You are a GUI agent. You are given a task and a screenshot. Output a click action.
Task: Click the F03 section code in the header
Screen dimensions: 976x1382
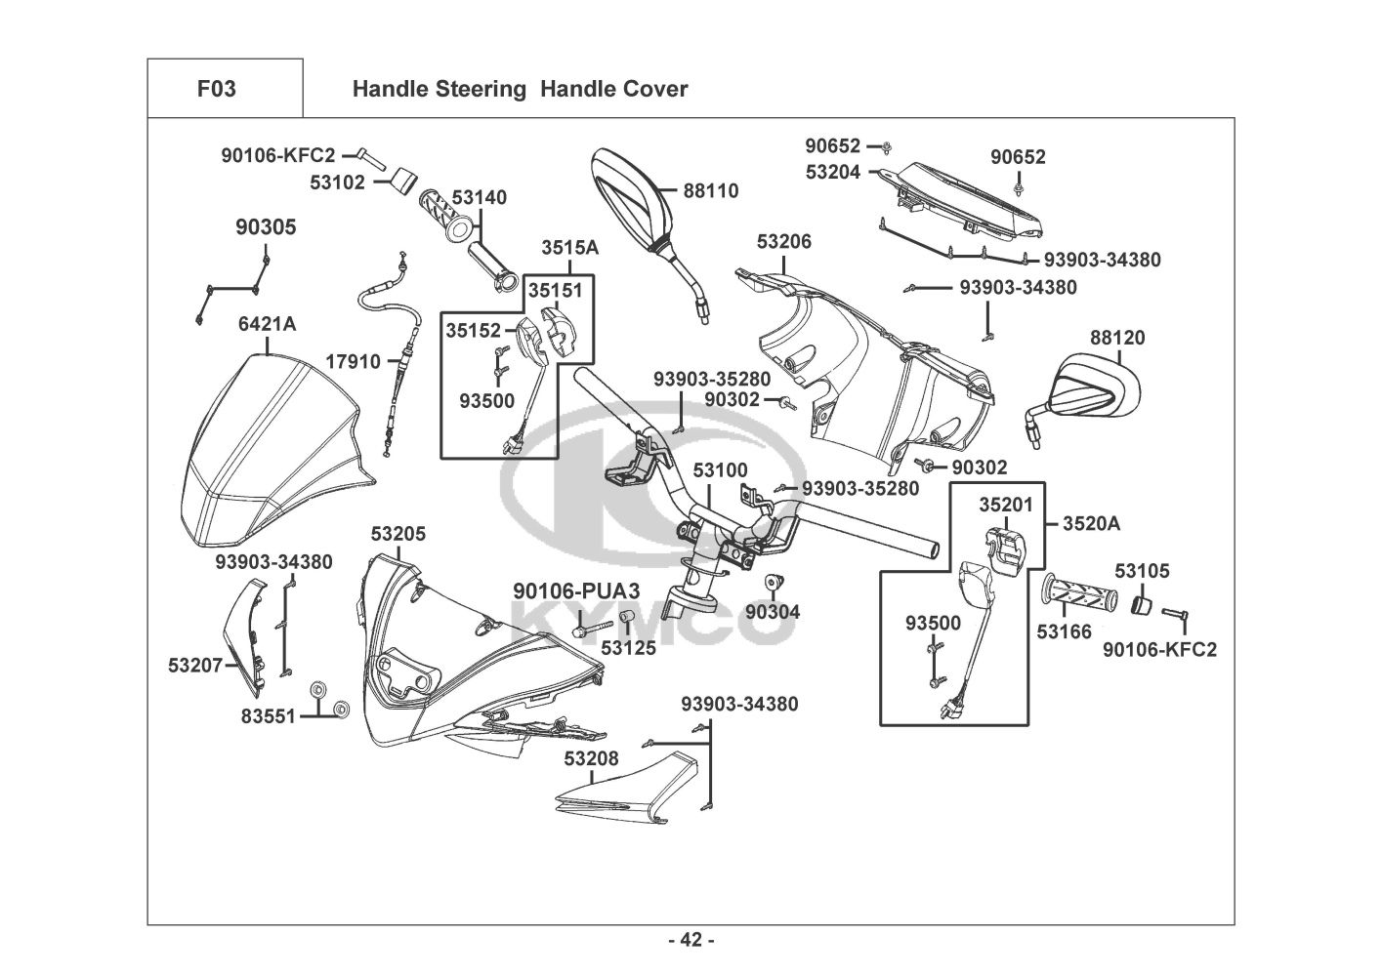click(216, 89)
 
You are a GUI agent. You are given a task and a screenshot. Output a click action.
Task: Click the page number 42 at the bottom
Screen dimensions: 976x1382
click(691, 940)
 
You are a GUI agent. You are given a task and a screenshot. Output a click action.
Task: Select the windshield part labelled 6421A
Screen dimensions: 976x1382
click(264, 459)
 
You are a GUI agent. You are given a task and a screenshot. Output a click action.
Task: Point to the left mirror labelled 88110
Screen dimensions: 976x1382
click(630, 205)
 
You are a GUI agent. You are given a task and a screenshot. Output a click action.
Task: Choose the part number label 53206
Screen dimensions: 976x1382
click(783, 242)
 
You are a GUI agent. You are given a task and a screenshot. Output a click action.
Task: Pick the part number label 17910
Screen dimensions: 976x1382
click(353, 362)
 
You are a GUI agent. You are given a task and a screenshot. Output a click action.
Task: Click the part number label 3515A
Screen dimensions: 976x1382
click(570, 248)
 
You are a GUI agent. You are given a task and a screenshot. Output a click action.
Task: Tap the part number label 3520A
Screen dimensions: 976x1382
click(1091, 524)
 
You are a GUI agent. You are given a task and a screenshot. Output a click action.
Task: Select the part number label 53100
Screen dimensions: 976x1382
click(720, 470)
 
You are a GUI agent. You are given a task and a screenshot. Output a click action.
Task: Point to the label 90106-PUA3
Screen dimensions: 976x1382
click(576, 590)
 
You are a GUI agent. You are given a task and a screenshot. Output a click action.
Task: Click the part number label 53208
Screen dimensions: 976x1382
click(590, 757)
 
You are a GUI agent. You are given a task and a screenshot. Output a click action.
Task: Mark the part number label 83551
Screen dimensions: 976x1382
click(268, 715)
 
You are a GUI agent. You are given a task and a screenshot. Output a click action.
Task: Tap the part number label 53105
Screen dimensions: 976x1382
click(1142, 571)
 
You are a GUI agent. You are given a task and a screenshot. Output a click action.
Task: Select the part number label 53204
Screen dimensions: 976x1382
click(833, 172)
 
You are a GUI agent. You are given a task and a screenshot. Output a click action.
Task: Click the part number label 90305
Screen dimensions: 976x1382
click(266, 227)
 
